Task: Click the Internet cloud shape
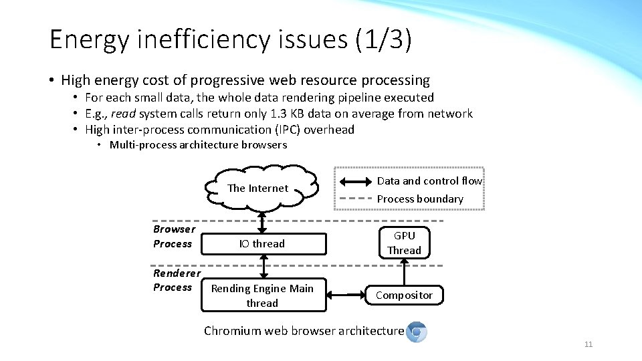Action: point(258,188)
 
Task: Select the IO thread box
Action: point(262,244)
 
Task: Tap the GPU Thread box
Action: point(404,243)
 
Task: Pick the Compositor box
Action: point(404,295)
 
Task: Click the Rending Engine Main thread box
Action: point(262,295)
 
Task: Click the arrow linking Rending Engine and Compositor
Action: point(345,295)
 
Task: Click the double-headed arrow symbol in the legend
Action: point(356,181)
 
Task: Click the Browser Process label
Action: point(174,237)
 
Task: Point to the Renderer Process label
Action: point(176,280)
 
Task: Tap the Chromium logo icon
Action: point(417,332)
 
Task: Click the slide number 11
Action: point(588,344)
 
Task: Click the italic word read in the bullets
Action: point(124,114)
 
